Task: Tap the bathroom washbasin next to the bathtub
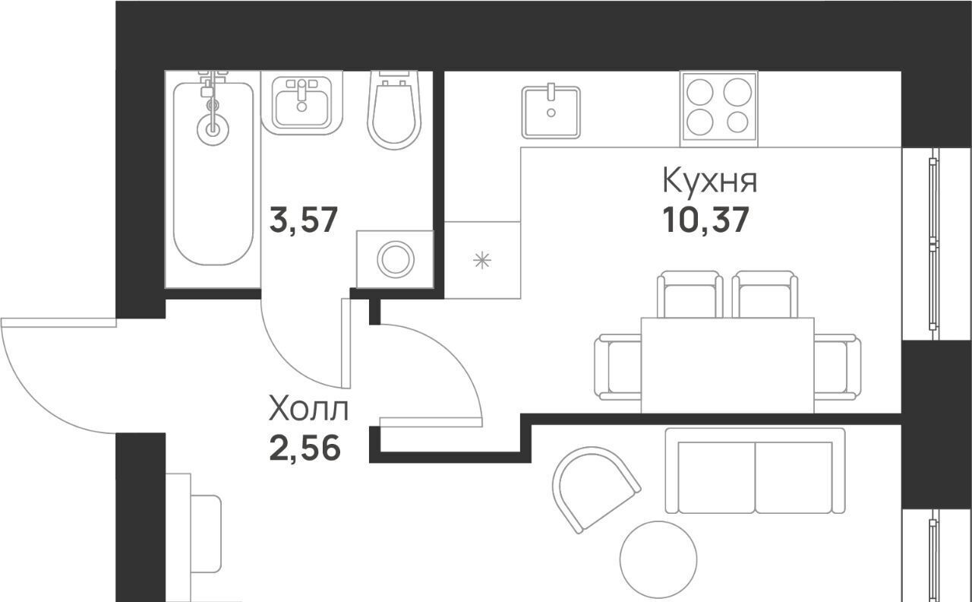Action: [x=302, y=103]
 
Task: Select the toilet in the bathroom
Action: [x=394, y=110]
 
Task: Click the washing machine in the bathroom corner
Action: [x=396, y=259]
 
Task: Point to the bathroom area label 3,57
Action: [x=303, y=220]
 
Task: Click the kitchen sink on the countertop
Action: [x=551, y=112]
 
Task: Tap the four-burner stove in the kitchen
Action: [x=719, y=109]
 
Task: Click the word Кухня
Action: [x=710, y=180]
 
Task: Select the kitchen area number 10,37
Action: [x=706, y=220]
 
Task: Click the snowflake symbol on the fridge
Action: [x=482, y=261]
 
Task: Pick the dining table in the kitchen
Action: [x=727, y=366]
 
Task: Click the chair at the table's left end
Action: [x=618, y=367]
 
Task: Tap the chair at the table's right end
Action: [x=838, y=367]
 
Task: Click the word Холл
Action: [x=308, y=409]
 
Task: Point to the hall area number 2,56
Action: [x=305, y=448]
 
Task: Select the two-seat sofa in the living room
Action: [x=755, y=471]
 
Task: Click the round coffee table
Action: [x=658, y=560]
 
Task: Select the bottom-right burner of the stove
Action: [x=737, y=122]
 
